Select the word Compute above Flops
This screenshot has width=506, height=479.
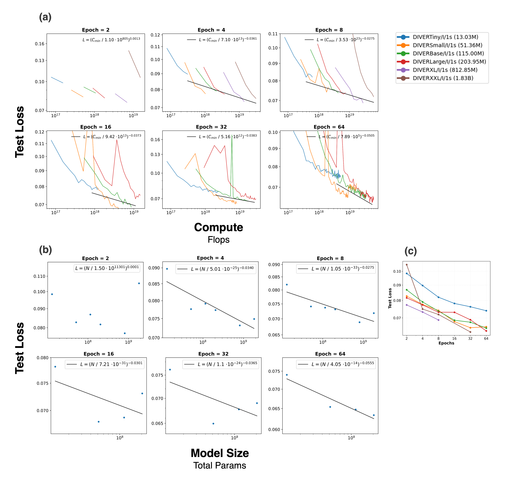(218, 227)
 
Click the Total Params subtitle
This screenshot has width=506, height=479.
(220, 465)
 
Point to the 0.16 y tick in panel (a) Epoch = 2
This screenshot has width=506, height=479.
(40, 44)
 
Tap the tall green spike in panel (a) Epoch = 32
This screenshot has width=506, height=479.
(232, 153)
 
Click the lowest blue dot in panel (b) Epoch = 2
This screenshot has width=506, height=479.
(125, 333)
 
